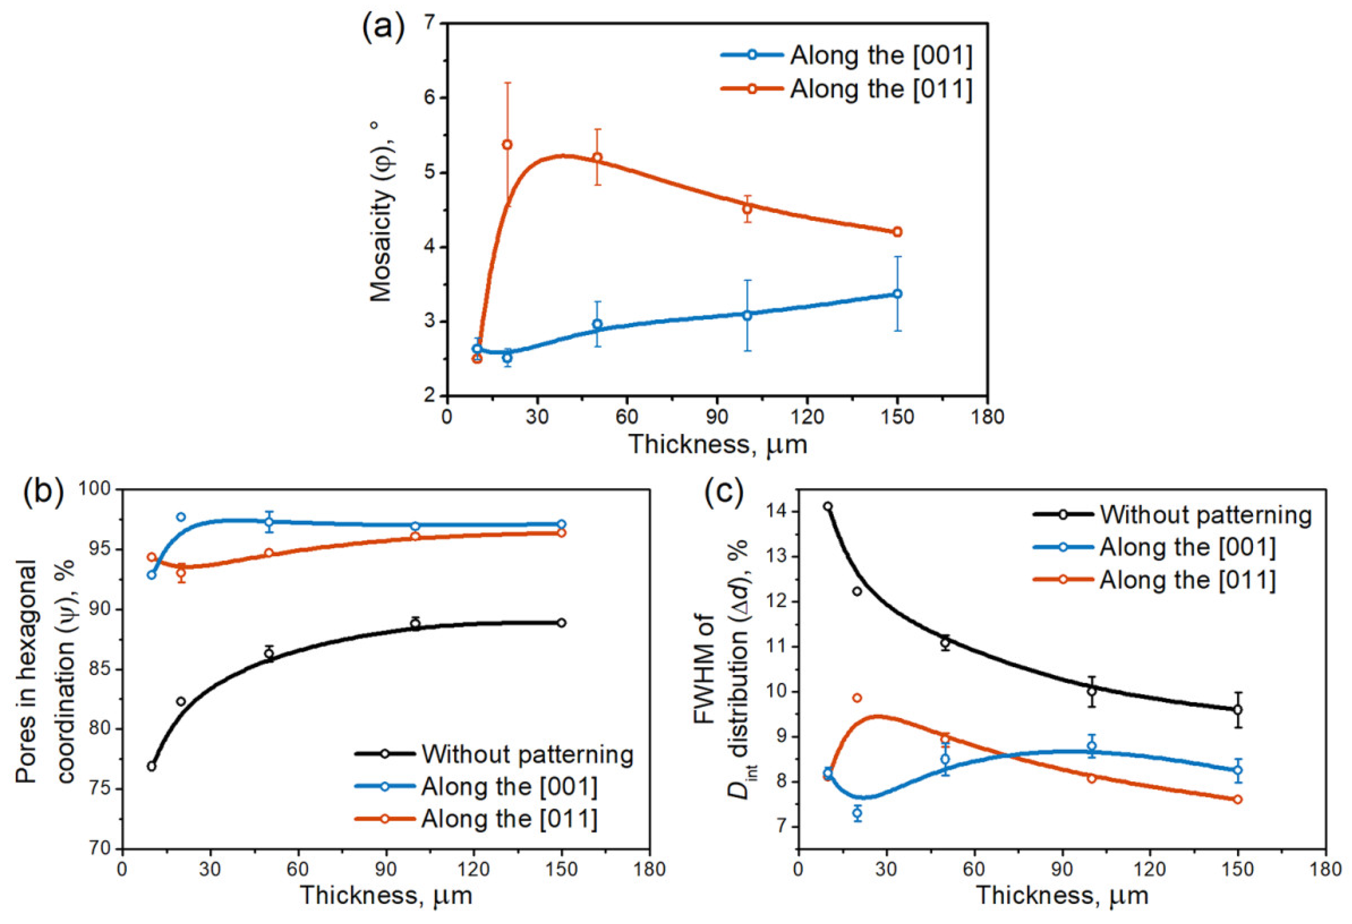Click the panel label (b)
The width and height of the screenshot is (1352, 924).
coord(43,491)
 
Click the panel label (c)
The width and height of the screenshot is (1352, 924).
coord(723,491)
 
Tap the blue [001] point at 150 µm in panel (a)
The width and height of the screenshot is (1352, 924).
coord(897,294)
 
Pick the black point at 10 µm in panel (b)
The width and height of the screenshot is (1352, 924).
coord(152,767)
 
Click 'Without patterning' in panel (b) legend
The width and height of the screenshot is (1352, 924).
coord(527,754)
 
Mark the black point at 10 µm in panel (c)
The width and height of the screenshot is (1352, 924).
coord(827,506)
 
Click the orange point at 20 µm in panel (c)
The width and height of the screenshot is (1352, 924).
coord(857,698)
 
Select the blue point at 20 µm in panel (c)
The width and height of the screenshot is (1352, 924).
coord(857,813)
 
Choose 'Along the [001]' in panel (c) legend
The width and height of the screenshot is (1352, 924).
coord(1187,547)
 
